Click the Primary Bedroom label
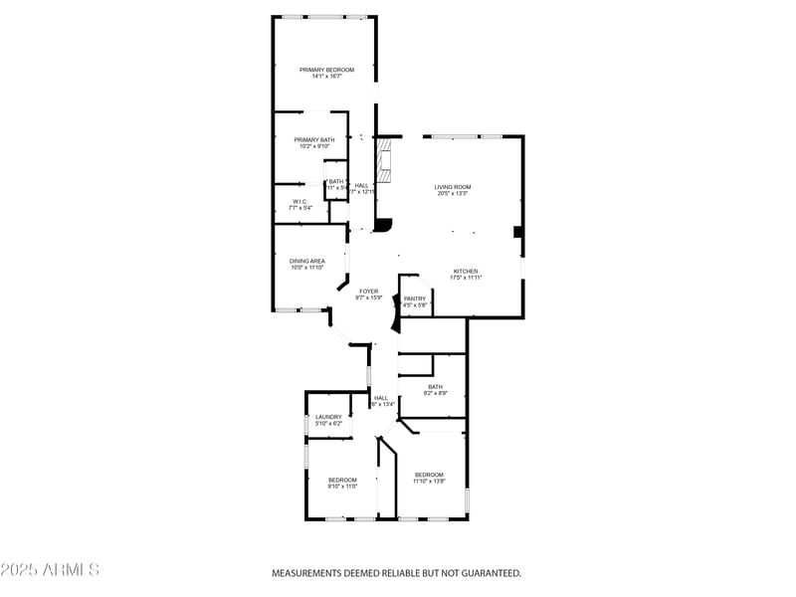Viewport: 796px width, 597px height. click(x=327, y=70)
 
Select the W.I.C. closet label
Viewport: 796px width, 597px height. click(x=299, y=201)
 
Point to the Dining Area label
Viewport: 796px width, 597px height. click(x=307, y=261)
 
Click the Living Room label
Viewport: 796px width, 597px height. click(x=453, y=187)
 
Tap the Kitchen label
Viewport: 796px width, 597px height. click(x=466, y=272)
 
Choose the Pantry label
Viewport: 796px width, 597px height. click(x=415, y=298)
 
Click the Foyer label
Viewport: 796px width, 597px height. click(x=368, y=291)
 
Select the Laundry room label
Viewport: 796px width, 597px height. click(x=328, y=417)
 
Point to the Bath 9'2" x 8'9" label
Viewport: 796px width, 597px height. click(x=435, y=387)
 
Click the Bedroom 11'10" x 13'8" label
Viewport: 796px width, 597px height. click(x=429, y=475)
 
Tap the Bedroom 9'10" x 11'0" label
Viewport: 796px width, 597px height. click(x=342, y=480)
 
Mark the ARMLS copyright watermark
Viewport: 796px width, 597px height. click(x=50, y=570)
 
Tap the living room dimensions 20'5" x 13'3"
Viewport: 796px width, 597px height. click(x=453, y=194)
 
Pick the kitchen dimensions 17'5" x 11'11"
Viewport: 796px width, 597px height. click(x=466, y=279)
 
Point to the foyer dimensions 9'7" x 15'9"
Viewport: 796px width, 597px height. click(x=368, y=298)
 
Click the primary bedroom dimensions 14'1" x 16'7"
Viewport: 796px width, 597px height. click(x=327, y=77)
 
